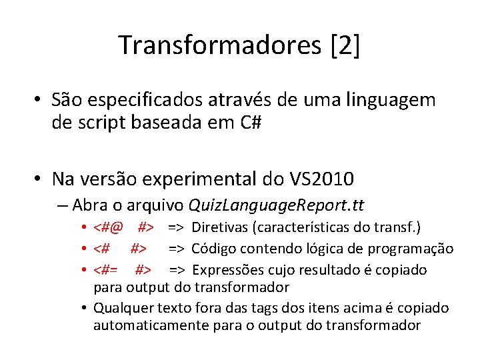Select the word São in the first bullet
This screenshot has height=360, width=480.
pos(69,101)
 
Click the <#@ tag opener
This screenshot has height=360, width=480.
pos(108,227)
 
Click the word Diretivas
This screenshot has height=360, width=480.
pos(220,227)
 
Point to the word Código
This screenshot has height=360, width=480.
pos(214,249)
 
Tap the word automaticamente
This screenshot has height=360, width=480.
pos(141,325)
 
